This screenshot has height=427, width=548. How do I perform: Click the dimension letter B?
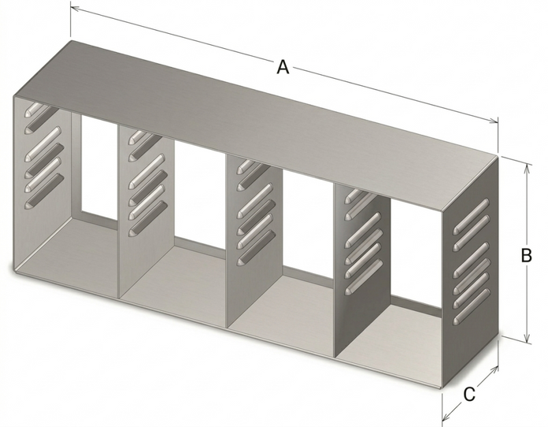click(527, 255)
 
